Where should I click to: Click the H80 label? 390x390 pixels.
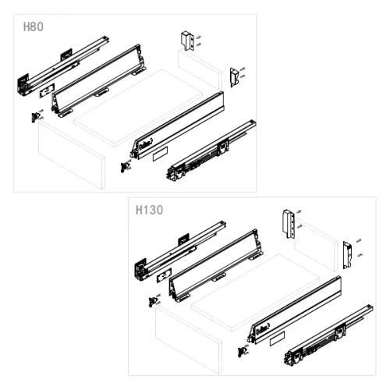click(33, 27)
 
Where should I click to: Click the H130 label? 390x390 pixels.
click(147, 210)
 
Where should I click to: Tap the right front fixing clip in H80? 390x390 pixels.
click(125, 165)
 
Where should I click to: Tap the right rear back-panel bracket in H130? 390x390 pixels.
click(348, 253)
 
